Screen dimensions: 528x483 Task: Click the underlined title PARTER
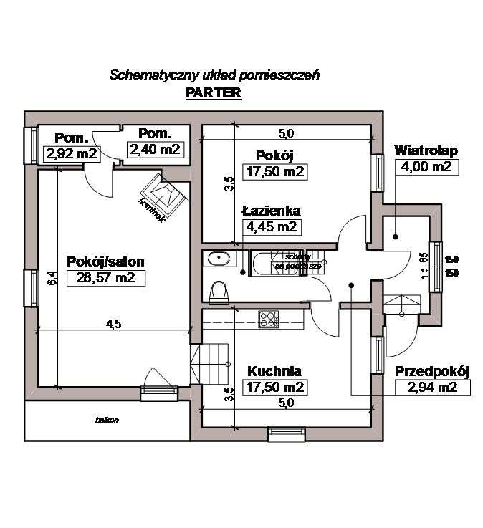[213, 93]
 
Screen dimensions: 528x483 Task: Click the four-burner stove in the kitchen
[268, 319]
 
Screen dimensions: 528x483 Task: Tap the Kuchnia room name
[274, 371]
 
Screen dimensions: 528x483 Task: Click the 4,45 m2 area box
[271, 228]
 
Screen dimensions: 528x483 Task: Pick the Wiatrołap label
[426, 151]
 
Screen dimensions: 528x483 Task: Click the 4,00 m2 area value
[426, 168]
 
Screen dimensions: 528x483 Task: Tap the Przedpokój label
[432, 371]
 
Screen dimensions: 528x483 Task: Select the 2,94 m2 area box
[432, 388]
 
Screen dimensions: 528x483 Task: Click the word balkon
[107, 420]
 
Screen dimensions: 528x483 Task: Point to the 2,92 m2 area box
[71, 153]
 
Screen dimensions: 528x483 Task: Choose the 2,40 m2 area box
[155, 149]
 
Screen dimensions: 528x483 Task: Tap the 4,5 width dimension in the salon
[113, 324]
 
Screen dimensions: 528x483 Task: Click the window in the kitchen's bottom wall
[287, 432]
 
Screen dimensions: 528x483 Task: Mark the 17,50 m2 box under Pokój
[275, 173]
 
